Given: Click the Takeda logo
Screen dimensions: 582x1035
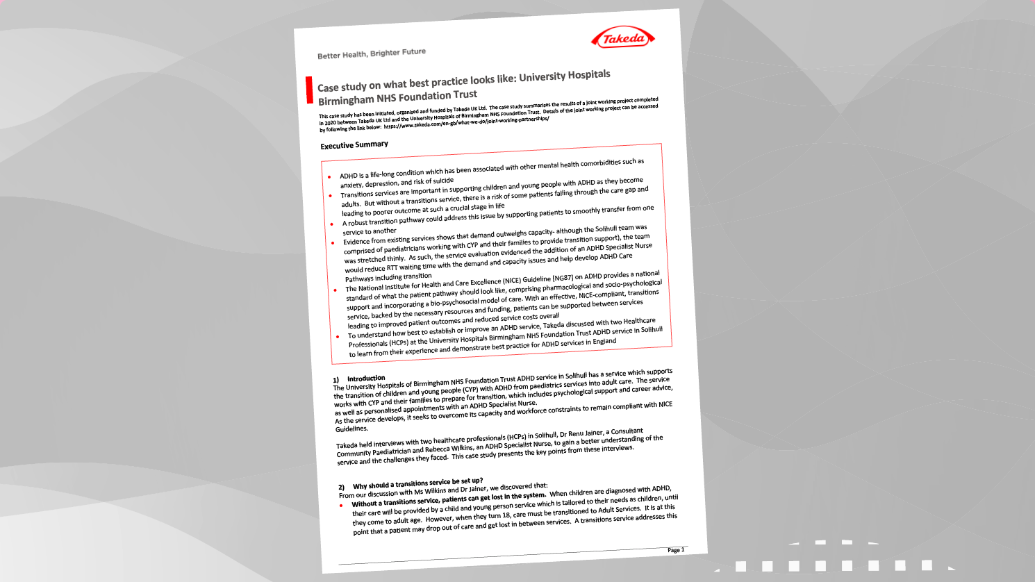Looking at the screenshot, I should pos(623,38).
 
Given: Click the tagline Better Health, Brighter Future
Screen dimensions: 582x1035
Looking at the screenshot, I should pos(372,53).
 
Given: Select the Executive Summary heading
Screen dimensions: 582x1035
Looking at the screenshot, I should pos(354,144).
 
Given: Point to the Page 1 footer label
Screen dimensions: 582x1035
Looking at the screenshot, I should pos(675,550).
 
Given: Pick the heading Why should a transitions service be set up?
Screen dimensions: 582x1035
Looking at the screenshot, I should pos(417,483).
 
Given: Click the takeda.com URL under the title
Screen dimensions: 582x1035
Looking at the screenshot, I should pos(465,122).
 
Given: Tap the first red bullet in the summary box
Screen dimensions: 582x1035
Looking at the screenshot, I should pos(329,177).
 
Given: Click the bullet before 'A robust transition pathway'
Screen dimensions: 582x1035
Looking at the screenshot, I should pos(332,224).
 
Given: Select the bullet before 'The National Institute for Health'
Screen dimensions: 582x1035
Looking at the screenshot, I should pos(335,290).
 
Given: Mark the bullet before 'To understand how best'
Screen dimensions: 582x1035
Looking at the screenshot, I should pos(338,337).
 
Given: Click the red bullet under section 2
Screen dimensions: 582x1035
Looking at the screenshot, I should pos(341,506).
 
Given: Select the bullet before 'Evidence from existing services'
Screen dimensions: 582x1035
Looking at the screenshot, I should pos(333,243).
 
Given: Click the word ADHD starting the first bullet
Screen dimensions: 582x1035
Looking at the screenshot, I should pos(348,176).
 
